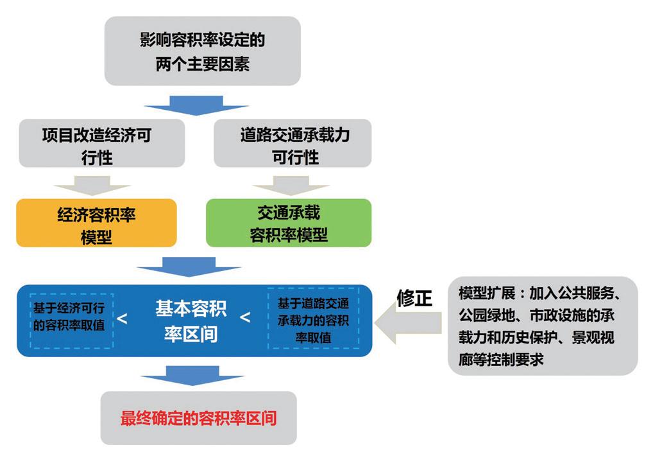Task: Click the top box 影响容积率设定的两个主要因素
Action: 202,51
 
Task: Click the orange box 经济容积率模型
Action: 96,223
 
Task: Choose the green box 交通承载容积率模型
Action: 289,223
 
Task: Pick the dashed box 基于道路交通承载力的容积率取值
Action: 313,319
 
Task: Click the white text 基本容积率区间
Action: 191,320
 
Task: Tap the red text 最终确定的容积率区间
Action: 198,418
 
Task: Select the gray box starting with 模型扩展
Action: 543,326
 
